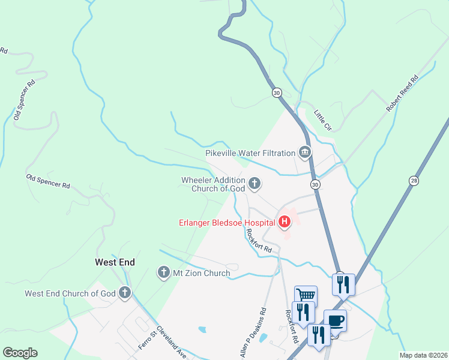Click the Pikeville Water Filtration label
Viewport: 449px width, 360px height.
(250, 153)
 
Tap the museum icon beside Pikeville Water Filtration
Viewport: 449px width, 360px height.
(305, 153)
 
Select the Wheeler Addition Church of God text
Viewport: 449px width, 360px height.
(214, 184)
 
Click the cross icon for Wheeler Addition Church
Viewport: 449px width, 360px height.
(255, 184)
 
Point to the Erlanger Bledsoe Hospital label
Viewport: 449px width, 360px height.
(227, 223)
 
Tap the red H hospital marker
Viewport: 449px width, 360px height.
(284, 223)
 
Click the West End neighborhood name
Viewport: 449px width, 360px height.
(115, 262)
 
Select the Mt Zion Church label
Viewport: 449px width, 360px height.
(202, 273)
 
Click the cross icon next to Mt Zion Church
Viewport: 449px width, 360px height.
(163, 273)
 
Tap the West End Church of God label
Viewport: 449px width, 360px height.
(70, 293)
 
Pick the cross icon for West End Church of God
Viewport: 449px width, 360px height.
(124, 293)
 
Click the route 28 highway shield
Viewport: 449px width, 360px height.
(414, 180)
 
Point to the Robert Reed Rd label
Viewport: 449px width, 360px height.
(402, 94)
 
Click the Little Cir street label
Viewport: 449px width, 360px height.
(323, 120)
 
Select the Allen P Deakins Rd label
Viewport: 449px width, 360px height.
(254, 334)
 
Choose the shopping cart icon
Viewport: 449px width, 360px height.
(306, 295)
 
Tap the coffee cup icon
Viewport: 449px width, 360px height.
(335, 319)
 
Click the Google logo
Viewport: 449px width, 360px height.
(20, 353)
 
